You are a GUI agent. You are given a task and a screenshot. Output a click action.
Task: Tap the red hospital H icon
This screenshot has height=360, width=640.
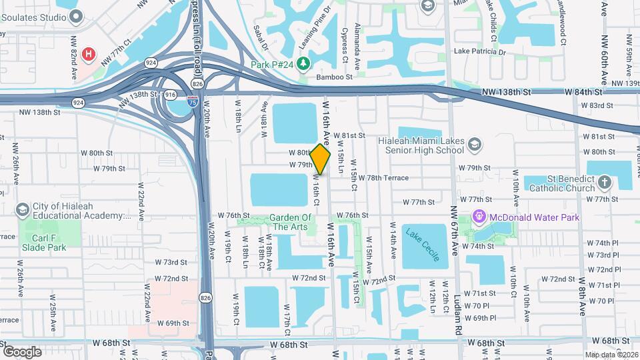pos(87,53)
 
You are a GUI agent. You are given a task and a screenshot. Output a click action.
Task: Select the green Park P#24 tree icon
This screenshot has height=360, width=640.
pos(304,63)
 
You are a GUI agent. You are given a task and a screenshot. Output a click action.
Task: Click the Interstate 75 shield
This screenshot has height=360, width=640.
pos(192,101)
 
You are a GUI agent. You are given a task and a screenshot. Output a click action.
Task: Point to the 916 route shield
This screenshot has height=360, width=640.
pos(171,95)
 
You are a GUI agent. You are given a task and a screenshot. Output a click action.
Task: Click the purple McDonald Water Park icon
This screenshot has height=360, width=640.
pos(479,217)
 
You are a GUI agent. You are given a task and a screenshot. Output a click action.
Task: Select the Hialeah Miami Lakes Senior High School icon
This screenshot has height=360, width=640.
pos(474,145)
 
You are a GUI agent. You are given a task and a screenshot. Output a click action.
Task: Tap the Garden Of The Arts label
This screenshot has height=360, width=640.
pos(291,222)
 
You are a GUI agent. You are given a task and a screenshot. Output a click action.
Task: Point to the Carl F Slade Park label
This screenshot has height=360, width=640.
pos(43,243)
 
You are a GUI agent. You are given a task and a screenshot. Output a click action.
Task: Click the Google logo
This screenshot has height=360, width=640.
pos(22,351)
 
